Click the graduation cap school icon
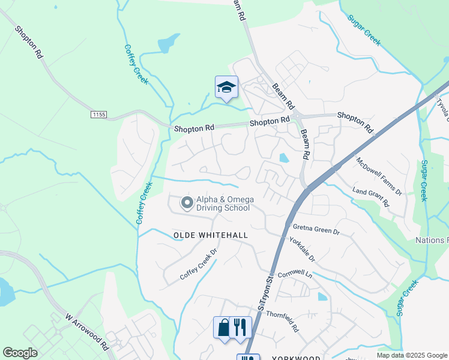coord(226,88)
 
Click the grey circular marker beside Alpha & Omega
coord(187,203)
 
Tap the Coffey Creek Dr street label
coord(198,268)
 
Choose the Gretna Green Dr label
coord(316,229)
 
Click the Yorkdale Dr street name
coord(303,248)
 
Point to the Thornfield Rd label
coord(282,321)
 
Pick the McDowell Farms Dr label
coord(379,176)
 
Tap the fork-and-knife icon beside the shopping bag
coord(240,328)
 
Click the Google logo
coord(20,353)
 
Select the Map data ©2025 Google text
coord(411,355)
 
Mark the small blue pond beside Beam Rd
coord(283,158)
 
